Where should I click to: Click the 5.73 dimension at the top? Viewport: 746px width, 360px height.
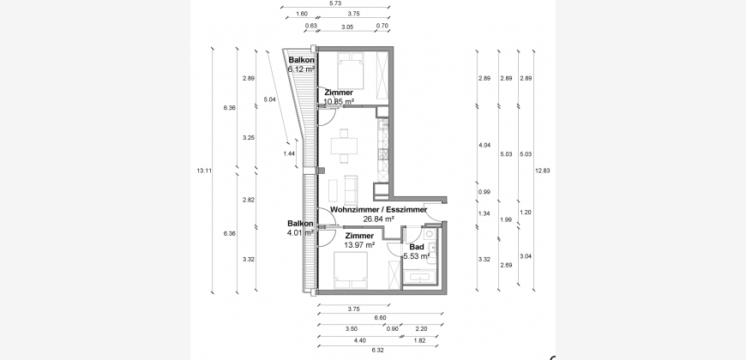(335, 3)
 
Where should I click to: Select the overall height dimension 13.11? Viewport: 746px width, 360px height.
(204, 171)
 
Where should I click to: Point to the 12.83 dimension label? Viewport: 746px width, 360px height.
(543, 171)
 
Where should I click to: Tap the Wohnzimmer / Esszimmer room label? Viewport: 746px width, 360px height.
(379, 210)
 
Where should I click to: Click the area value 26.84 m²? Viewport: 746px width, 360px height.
(379, 219)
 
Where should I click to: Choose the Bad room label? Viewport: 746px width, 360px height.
(417, 248)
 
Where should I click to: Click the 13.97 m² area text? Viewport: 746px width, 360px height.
(359, 245)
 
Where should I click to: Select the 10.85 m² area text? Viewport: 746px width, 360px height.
(339, 101)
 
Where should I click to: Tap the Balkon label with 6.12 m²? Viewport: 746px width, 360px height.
(301, 60)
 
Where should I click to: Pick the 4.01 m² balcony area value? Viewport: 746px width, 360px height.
(301, 233)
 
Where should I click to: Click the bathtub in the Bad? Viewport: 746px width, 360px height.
(422, 277)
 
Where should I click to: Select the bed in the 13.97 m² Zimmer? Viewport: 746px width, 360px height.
(351, 270)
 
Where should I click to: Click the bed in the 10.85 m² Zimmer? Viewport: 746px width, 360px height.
(351, 70)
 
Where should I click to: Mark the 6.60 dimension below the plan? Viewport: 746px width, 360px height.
(380, 318)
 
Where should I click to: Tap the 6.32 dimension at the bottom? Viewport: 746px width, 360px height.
(377, 350)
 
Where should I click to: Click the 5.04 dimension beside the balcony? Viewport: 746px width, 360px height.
(269, 99)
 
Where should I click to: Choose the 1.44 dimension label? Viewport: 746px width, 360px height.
(289, 153)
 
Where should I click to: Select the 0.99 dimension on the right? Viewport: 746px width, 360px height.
(484, 192)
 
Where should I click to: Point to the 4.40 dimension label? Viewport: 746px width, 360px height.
(359, 340)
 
